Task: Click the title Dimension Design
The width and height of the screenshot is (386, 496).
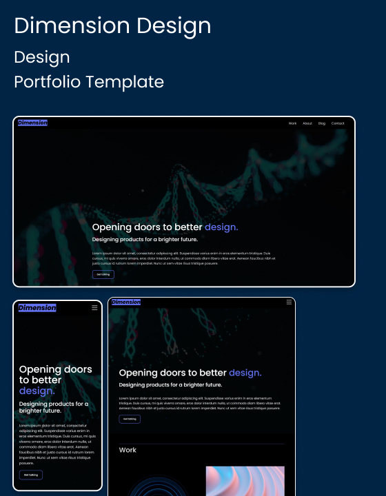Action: (112, 26)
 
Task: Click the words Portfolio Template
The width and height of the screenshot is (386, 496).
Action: (89, 82)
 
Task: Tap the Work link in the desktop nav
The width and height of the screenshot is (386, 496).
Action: (292, 123)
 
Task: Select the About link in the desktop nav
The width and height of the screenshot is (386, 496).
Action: (307, 123)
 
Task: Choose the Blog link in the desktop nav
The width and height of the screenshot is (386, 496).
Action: (322, 123)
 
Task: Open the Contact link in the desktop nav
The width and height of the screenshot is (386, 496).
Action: (338, 123)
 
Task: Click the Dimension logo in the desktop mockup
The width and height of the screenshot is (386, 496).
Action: (32, 123)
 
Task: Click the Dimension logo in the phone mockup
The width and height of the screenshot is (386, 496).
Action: (37, 308)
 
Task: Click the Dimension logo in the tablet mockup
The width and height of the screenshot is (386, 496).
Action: (126, 302)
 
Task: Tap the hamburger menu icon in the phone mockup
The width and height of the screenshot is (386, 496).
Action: (94, 308)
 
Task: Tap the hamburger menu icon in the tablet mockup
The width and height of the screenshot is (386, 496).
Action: (289, 302)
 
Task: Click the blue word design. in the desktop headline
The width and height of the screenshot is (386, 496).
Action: (221, 227)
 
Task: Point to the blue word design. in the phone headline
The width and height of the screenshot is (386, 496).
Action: (37, 391)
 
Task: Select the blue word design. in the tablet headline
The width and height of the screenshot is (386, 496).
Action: (245, 373)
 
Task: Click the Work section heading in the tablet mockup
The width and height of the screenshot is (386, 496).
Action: (128, 450)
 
